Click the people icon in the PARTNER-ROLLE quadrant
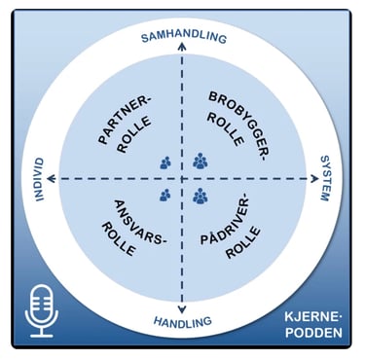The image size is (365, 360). (x=164, y=162)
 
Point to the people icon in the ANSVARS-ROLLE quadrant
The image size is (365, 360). (x=164, y=197)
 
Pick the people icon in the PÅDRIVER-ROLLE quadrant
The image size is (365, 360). (x=201, y=198)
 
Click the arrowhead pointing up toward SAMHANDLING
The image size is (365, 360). (x=182, y=60)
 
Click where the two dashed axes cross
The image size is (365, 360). (x=182, y=179)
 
